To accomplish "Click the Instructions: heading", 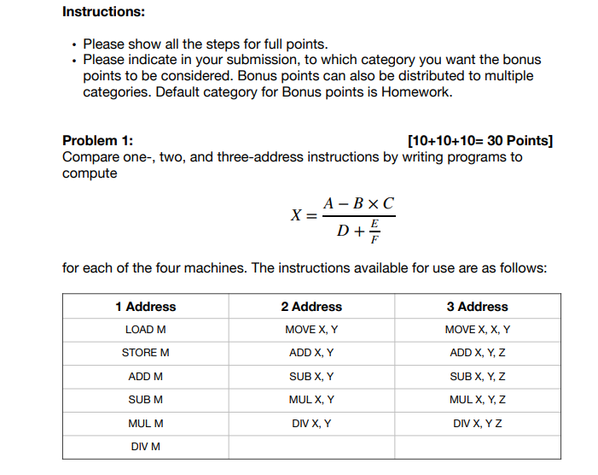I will pos(103,12).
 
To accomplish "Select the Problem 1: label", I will pos(97,141).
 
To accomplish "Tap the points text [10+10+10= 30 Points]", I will pos(480,141).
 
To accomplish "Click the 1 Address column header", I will pos(145,307).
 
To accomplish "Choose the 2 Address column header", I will pos(311,307).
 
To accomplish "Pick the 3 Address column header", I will pos(477,307).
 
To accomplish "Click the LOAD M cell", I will pos(145,330).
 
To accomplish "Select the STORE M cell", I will pos(145,353).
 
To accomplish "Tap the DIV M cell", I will pos(145,446).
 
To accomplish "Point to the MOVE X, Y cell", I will pos(311,330).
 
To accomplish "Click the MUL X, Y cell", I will pos(311,399).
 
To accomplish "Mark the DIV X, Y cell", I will pos(311,423).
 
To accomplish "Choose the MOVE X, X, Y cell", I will pos(477,330).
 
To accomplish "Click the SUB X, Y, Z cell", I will pos(477,376).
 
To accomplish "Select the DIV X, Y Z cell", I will pos(477,423).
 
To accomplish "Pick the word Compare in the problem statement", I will pos(88,157).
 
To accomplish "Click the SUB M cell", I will pos(145,399).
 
